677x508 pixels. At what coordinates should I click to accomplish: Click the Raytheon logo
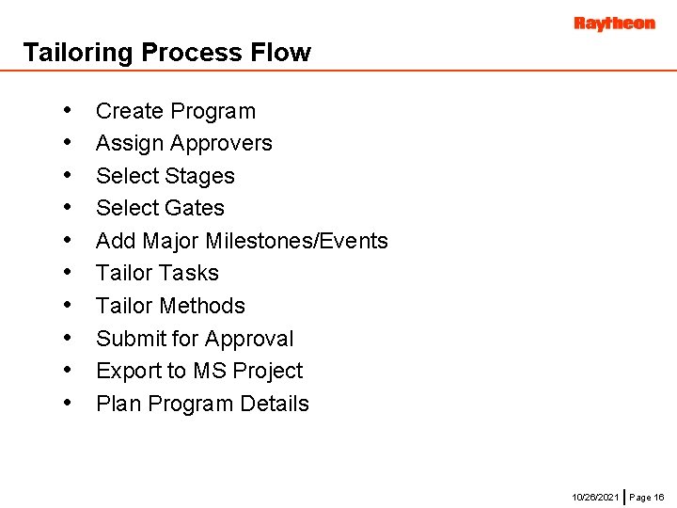coord(614,24)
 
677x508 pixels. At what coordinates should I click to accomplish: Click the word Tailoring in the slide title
coord(78,53)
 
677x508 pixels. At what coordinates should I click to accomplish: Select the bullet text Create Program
coord(176,111)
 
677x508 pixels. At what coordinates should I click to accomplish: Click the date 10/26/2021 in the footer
coord(595,496)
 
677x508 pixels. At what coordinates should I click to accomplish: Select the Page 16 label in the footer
coord(647,496)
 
